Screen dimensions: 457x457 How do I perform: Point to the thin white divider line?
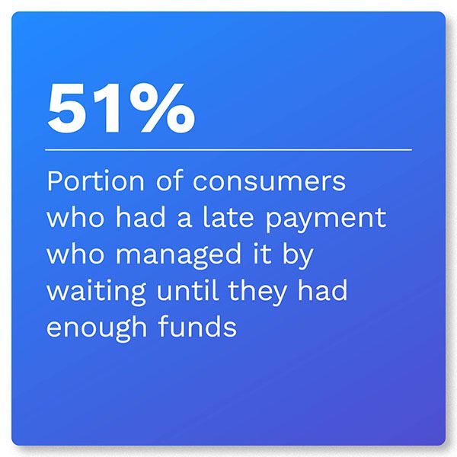(228, 150)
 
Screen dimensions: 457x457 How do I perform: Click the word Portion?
(96, 181)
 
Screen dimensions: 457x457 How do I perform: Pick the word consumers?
(269, 182)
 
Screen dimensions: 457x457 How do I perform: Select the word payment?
(326, 220)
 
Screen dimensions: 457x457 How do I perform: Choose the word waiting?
(96, 292)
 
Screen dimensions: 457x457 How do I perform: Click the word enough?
(97, 328)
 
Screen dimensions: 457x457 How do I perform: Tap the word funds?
(197, 326)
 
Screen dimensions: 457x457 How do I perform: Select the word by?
(298, 256)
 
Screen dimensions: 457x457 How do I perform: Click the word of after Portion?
(170, 181)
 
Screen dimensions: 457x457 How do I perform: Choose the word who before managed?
(75, 254)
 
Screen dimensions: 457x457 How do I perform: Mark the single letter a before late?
(184, 220)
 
